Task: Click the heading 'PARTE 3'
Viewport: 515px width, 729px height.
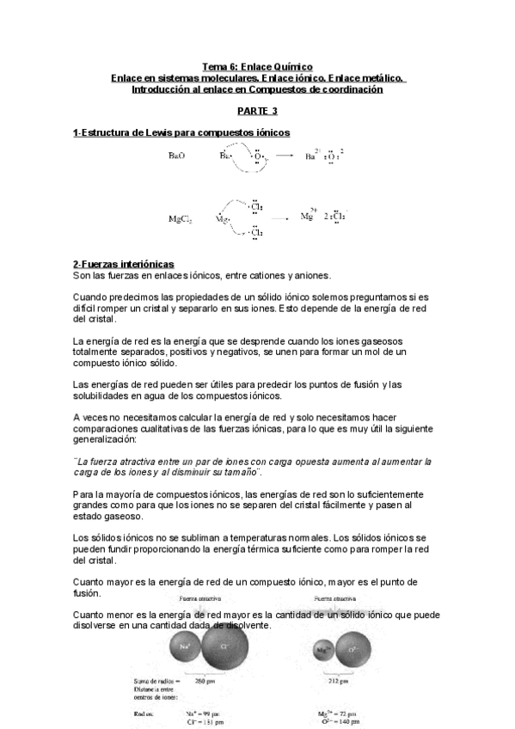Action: (x=257, y=111)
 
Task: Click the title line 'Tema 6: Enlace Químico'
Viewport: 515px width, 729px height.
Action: (x=257, y=66)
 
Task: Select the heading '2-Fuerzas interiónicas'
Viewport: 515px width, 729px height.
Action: (x=124, y=263)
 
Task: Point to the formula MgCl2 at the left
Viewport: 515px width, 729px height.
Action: (x=180, y=219)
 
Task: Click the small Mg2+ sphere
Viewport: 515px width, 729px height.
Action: (x=322, y=651)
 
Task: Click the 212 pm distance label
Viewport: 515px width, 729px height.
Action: (x=338, y=683)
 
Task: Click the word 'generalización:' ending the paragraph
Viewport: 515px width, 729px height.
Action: (x=107, y=438)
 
